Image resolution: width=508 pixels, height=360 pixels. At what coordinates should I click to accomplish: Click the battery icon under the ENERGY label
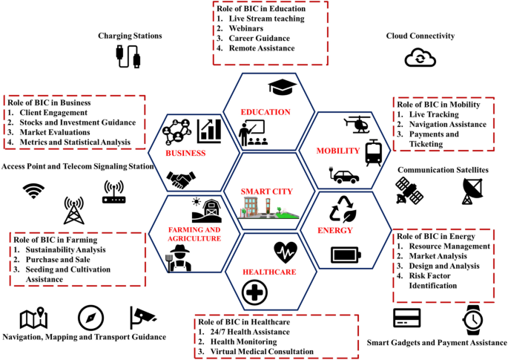coord(346,255)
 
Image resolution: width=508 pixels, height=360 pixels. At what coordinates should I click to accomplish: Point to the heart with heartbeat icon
coord(286,252)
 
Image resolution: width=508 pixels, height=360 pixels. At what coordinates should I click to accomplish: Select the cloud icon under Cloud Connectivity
coord(420,58)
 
